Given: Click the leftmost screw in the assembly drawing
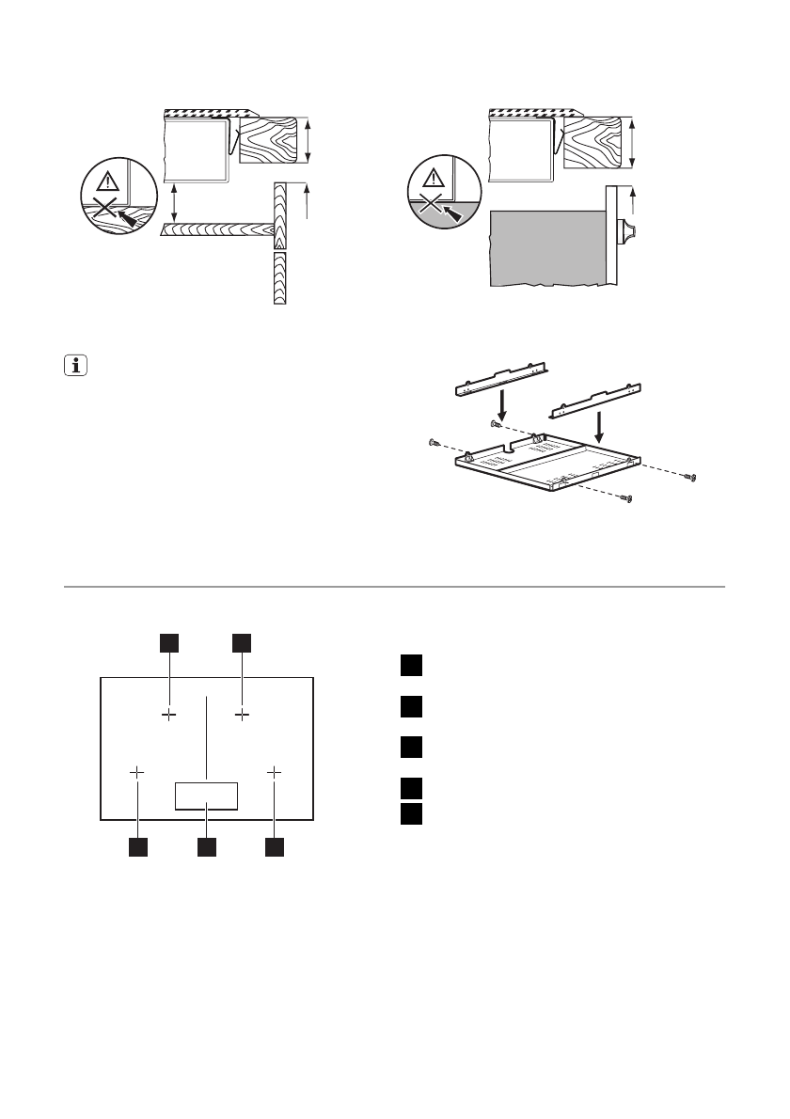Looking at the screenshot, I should pos(434,442).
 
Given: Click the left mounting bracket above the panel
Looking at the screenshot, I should pos(500,377).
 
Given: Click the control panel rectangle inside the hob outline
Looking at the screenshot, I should pos(206,796).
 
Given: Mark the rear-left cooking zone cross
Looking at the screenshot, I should pos(168,716).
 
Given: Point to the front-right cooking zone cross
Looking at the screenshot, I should pos(275,772).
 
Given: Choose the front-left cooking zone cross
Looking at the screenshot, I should pos(137,772).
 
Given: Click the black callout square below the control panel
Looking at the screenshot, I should pos(206,847).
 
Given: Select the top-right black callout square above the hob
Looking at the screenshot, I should pos(243,642).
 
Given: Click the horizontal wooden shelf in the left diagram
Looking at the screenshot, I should pos(216,229).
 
